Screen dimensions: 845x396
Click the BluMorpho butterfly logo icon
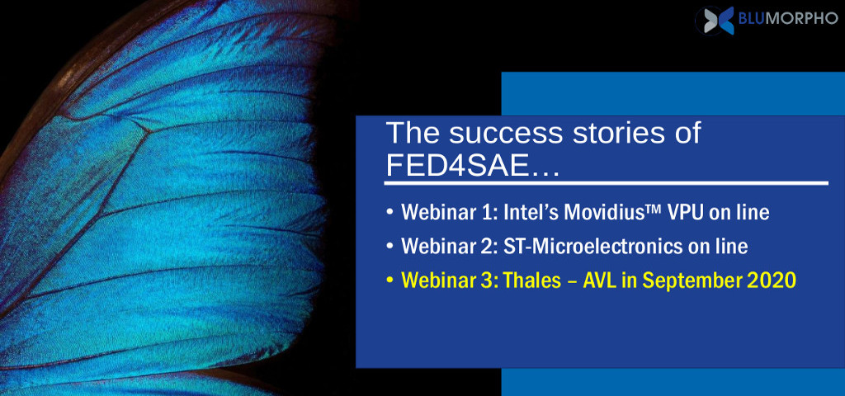pos(715,20)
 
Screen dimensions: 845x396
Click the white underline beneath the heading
pos(607,184)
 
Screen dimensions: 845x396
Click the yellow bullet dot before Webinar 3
pos(390,280)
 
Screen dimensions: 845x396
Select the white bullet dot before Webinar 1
pos(390,212)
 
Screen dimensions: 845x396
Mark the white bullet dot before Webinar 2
pos(390,246)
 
